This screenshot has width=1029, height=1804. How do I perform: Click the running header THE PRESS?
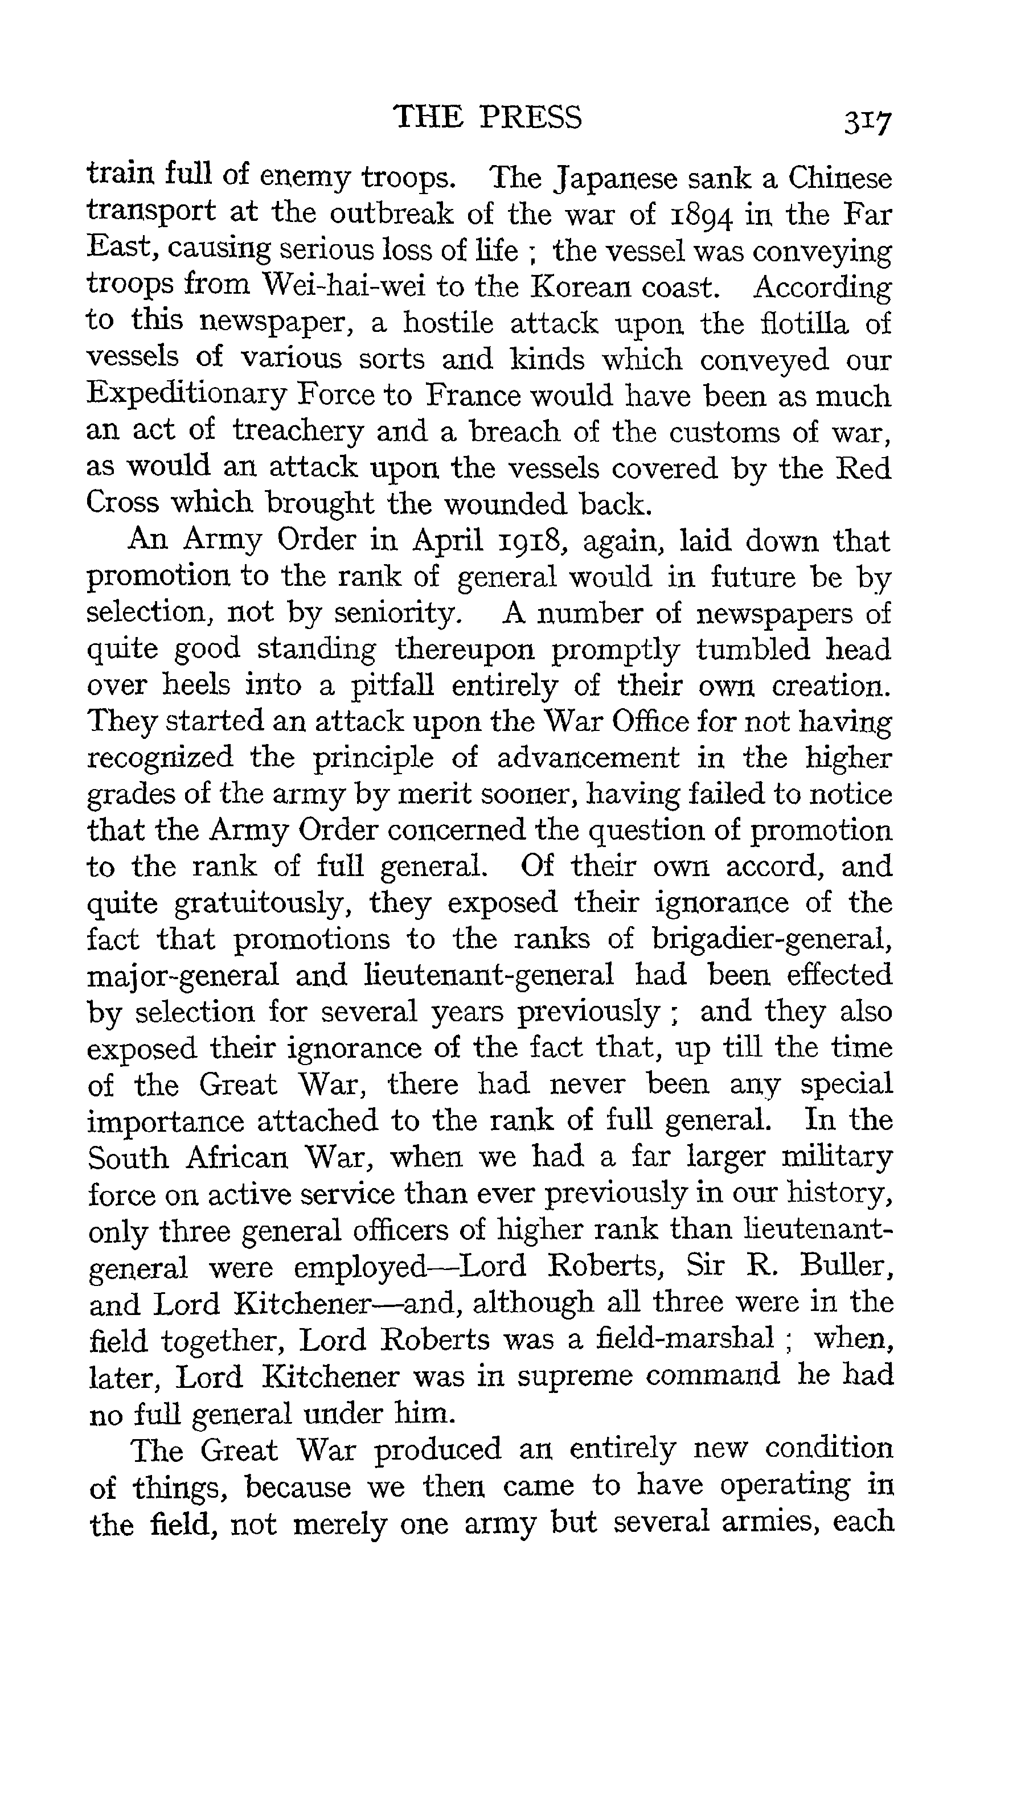pos(487,117)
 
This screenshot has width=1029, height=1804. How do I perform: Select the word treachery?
pos(297,431)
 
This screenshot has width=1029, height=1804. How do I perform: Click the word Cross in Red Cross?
pos(121,503)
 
